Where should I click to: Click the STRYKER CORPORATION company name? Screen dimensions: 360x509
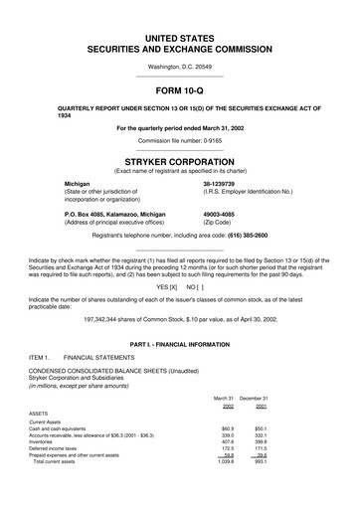pyautogui.click(x=179, y=159)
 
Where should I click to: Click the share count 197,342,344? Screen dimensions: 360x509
pyautogui.click(x=82, y=320)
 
